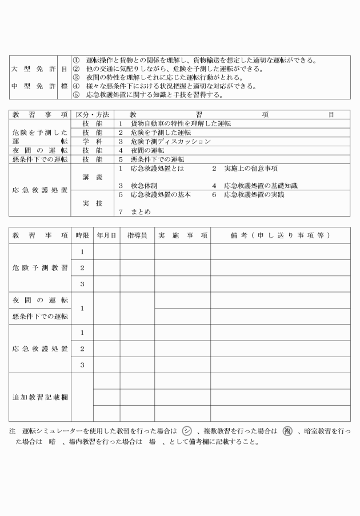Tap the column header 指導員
click(137, 235)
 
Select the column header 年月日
click(106, 235)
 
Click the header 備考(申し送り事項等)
click(280, 235)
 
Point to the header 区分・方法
click(92, 114)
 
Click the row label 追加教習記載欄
click(40, 397)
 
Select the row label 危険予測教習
click(40, 267)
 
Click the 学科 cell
click(92, 141)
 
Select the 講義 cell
click(92, 178)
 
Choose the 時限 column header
click(82, 235)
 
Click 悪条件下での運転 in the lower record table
click(40, 316)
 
